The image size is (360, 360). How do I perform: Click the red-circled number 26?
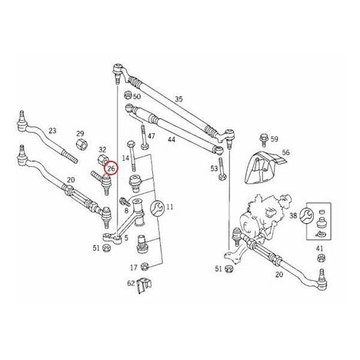pos(111,168)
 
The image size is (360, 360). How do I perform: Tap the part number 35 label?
pos(178,99)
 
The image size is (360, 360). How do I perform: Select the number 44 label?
pos(172,139)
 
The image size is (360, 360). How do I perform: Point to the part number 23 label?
pos(52,131)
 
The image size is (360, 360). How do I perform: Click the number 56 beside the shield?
pos(285,152)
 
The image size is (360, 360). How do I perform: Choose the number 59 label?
pos(275,139)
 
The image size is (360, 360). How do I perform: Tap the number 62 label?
pos(131,283)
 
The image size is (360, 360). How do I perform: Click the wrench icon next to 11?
pos(156,208)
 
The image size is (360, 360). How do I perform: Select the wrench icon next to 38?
pos(306,215)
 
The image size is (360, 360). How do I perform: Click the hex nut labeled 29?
pos(82,145)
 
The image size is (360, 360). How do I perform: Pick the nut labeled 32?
pos(104,161)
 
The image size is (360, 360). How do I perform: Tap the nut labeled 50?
pos(128,96)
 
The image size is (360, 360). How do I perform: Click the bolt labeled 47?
pos(144,137)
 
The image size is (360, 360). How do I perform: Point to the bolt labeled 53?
pos(222,169)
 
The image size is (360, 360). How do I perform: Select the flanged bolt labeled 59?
pos(263,140)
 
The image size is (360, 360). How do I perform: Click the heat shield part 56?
pos(264,167)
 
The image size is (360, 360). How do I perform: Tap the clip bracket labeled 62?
pos(144,285)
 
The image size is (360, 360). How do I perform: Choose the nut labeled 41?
pos(320,258)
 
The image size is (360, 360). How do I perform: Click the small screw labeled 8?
pos(124,201)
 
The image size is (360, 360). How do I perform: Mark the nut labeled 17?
pos(145,267)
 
